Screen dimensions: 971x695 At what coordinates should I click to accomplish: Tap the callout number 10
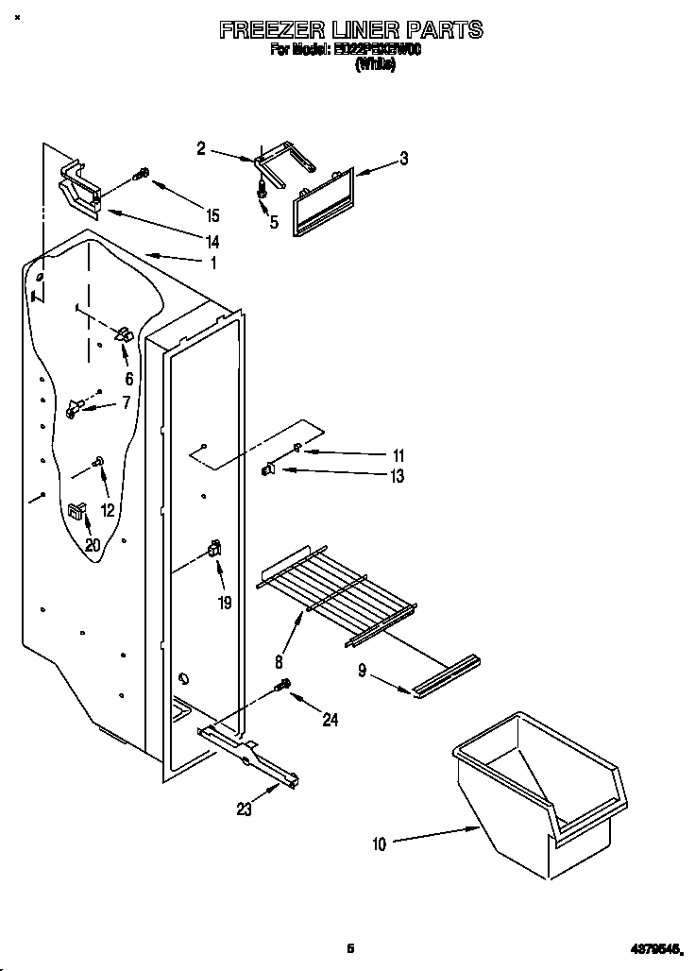pyautogui.click(x=379, y=844)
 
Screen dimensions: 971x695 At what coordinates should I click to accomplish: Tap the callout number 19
pyautogui.click(x=225, y=602)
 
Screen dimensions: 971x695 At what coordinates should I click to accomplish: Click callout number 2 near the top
pyautogui.click(x=201, y=147)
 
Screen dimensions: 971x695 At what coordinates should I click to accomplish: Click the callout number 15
pyautogui.click(x=212, y=215)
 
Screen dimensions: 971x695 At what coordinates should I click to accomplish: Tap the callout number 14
pyautogui.click(x=212, y=242)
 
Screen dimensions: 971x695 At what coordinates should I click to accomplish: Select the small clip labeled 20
pyautogui.click(x=75, y=511)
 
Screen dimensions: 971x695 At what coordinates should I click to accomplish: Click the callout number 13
pyautogui.click(x=398, y=477)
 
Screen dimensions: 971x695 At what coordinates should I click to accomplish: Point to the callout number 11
pyautogui.click(x=398, y=454)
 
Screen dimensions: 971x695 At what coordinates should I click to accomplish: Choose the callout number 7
pyautogui.click(x=125, y=403)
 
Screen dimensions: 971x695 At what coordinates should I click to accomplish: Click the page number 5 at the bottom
pyautogui.click(x=350, y=947)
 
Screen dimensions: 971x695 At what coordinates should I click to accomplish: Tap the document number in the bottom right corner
pyautogui.click(x=655, y=948)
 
